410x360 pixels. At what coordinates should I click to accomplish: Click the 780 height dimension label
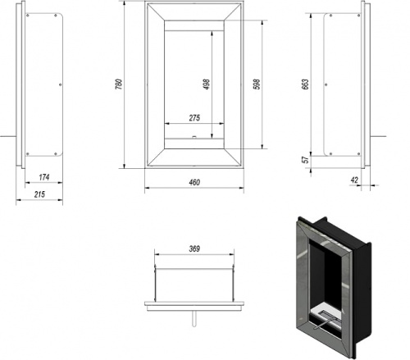[119, 84]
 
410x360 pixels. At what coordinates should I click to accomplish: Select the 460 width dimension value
[194, 182]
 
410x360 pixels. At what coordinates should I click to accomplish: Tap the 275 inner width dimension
[194, 118]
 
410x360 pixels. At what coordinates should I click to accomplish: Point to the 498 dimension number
[207, 84]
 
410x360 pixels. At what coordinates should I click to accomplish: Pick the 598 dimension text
[257, 84]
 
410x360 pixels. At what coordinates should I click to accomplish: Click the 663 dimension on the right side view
[306, 84]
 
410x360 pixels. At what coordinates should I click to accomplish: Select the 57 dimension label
[306, 159]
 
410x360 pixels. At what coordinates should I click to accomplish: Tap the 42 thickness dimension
[354, 180]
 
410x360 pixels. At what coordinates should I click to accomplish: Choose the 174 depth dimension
[44, 177]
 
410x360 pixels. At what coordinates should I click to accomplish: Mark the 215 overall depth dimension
[39, 194]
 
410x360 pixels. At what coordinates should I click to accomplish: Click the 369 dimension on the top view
[194, 248]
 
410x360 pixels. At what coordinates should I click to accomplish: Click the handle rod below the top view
[194, 319]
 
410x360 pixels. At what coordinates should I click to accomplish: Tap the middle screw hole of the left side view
[61, 84]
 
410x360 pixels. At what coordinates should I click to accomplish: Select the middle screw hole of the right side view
[326, 84]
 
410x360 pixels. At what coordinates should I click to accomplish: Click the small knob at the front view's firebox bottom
[194, 137]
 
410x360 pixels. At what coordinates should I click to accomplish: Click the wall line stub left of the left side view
[8, 136]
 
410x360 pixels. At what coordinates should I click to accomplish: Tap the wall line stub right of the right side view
[378, 136]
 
